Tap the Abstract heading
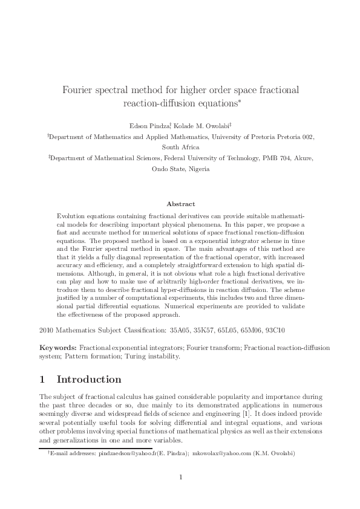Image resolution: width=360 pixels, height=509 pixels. pos(180,204)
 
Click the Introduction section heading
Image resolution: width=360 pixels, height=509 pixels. pos(89,380)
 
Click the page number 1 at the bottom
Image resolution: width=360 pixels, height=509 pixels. pos(180,478)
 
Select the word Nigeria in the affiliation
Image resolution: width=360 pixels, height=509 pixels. pos(198,169)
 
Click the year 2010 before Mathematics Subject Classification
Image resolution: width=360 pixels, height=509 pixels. pos(46,331)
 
